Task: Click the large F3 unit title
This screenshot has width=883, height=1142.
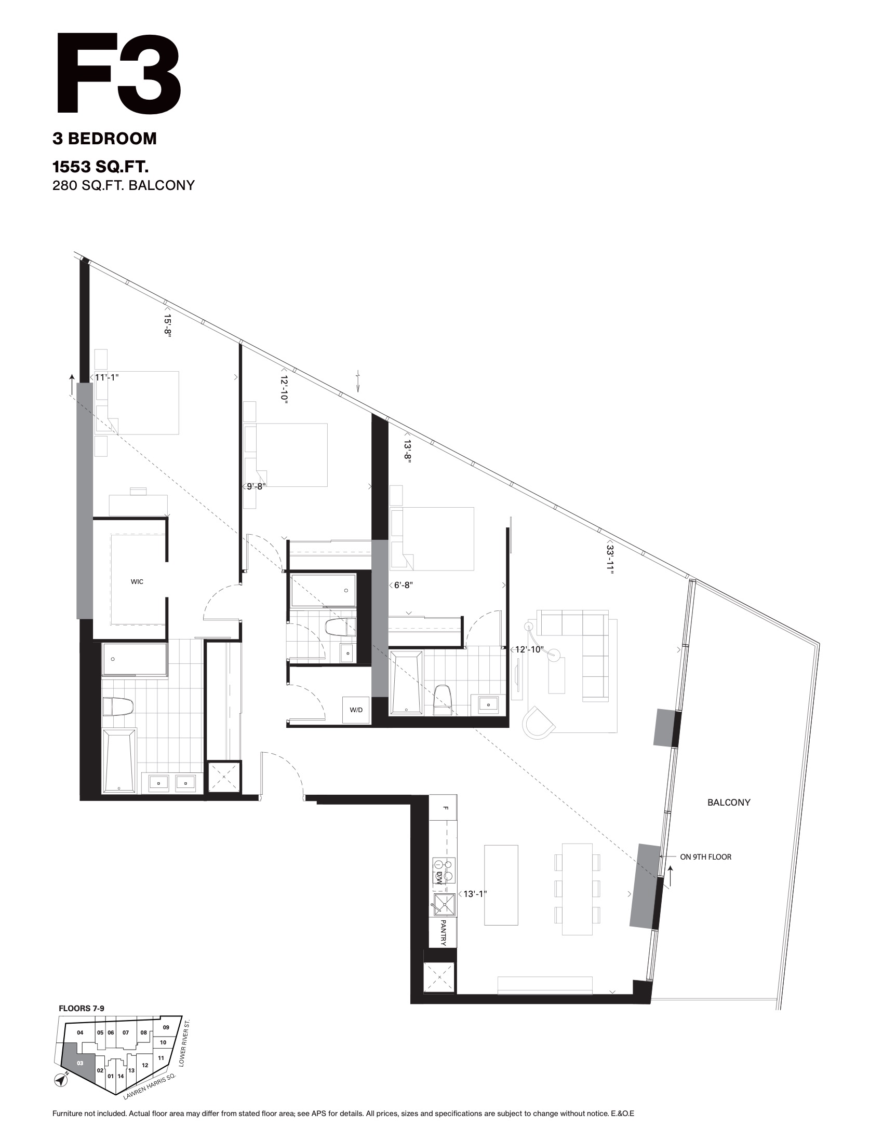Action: click(118, 74)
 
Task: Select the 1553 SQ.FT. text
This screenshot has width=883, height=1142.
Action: click(101, 167)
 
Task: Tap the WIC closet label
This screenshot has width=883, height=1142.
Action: click(137, 581)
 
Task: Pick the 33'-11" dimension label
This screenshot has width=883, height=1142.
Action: click(610, 556)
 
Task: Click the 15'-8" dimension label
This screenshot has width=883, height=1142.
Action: click(167, 327)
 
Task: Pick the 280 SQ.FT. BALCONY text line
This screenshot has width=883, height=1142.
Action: click(124, 185)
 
